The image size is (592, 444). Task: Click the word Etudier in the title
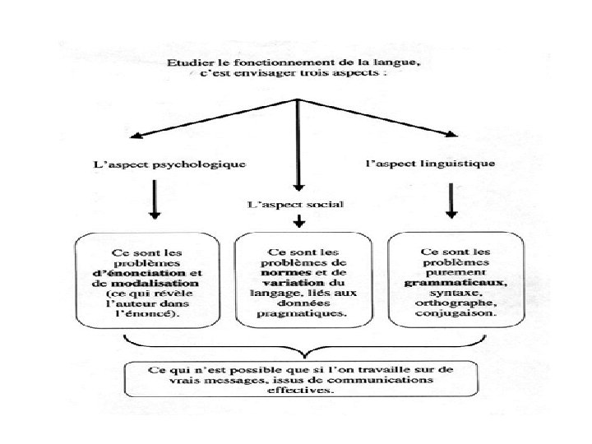(x=186, y=62)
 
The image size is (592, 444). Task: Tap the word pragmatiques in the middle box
(x=300, y=313)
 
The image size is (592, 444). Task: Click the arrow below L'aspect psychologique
(x=154, y=201)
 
